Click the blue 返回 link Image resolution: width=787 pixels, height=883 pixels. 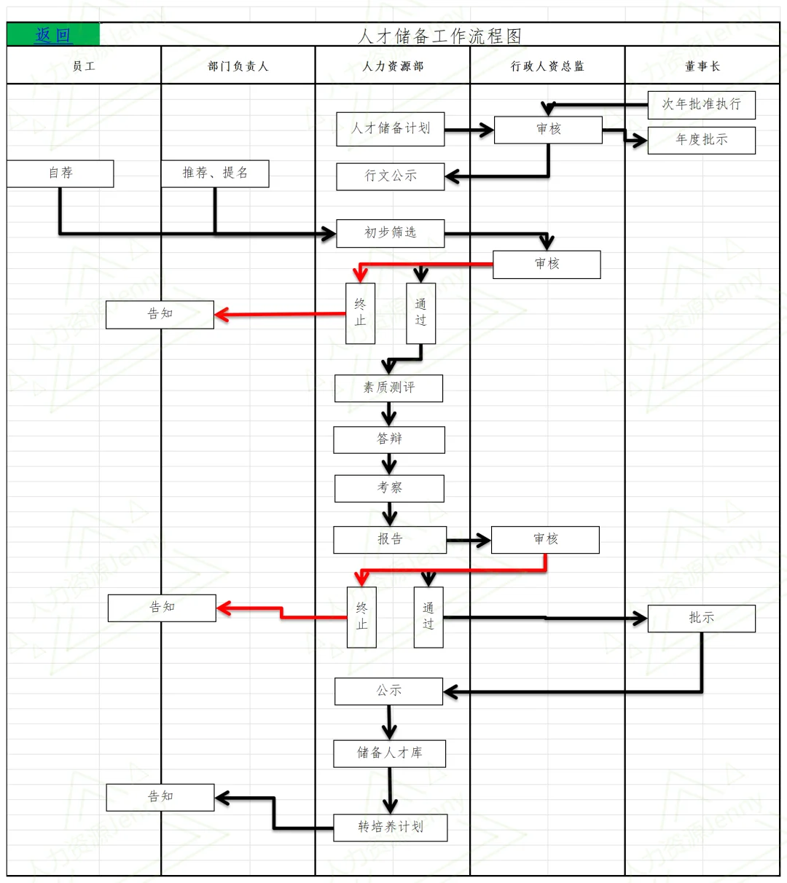(x=53, y=35)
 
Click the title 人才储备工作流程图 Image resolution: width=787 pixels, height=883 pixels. (x=441, y=36)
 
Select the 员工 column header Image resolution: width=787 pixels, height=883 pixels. (x=84, y=66)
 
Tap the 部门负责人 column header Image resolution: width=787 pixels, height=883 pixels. (x=238, y=66)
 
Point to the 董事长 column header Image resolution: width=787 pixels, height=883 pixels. (x=702, y=66)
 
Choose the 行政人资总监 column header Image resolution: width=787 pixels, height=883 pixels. (x=547, y=66)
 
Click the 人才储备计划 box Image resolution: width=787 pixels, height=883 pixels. (x=391, y=129)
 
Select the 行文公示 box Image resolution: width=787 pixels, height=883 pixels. (x=391, y=176)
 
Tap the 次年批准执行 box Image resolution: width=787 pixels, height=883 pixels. (x=701, y=105)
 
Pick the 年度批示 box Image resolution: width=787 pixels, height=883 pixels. (x=701, y=140)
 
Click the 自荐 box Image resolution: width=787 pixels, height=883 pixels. (x=60, y=173)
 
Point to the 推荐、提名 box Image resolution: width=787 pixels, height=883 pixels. (x=215, y=173)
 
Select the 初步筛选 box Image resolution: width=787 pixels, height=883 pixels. (x=391, y=233)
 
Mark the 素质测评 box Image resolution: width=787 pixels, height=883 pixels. (x=389, y=388)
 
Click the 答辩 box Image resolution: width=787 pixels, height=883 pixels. (x=389, y=439)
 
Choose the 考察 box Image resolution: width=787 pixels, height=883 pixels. (x=389, y=488)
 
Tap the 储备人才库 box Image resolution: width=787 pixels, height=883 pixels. (x=389, y=753)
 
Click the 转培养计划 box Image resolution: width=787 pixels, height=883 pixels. (x=391, y=828)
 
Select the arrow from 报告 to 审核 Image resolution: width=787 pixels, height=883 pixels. (x=469, y=541)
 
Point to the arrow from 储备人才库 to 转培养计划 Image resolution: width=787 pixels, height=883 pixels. (x=390, y=790)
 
